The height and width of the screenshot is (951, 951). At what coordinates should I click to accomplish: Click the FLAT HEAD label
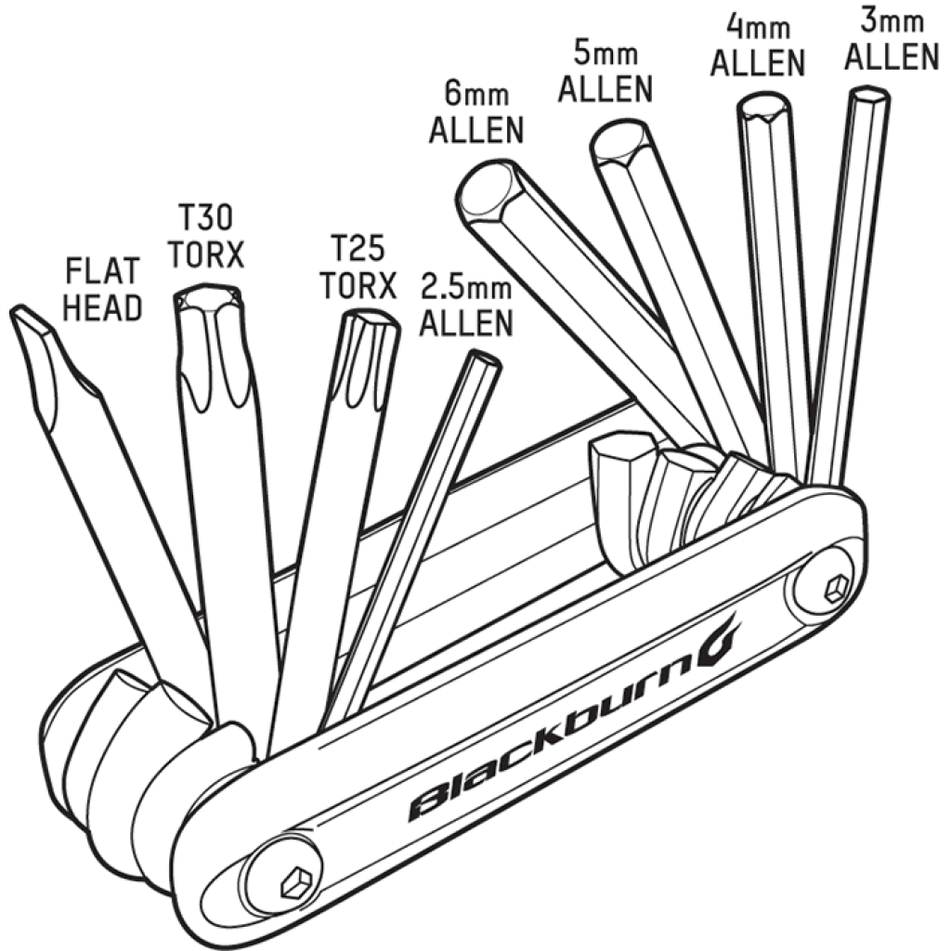click(x=103, y=289)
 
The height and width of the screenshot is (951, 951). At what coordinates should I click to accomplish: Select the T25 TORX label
click(x=358, y=267)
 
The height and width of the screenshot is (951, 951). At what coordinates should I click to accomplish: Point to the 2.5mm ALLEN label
click(x=466, y=306)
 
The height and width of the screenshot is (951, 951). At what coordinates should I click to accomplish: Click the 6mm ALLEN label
click(x=476, y=115)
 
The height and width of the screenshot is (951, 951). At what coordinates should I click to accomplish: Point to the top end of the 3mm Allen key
click(x=869, y=97)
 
